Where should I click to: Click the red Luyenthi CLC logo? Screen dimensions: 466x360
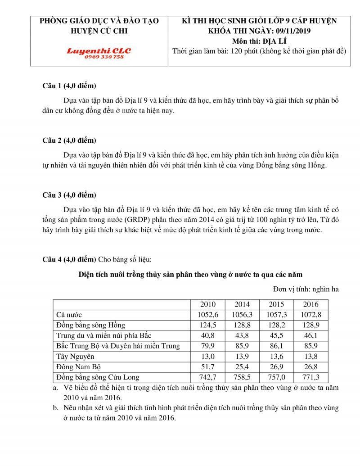point(99,51)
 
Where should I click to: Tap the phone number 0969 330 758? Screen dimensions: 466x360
point(99,57)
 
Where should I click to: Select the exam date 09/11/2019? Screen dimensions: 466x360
point(292,31)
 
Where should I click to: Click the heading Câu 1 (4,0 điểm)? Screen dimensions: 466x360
point(69,86)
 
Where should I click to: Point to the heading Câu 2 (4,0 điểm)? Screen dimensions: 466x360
point(69,140)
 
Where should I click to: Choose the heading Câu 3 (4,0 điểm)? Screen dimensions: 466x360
point(69,195)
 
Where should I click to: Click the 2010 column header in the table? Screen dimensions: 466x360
point(208,304)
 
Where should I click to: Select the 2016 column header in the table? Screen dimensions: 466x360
point(311,304)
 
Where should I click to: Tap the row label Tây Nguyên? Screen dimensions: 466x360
point(75,357)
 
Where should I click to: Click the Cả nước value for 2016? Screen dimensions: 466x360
point(311,315)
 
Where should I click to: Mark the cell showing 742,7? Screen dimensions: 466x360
point(208,377)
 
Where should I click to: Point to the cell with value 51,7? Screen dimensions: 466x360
point(208,367)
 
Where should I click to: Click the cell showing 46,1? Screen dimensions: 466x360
point(311,335)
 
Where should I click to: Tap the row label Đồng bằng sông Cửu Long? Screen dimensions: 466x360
point(98,377)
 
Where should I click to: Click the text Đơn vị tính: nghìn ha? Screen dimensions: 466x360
point(306,289)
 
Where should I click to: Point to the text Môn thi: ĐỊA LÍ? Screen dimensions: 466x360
point(260,41)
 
